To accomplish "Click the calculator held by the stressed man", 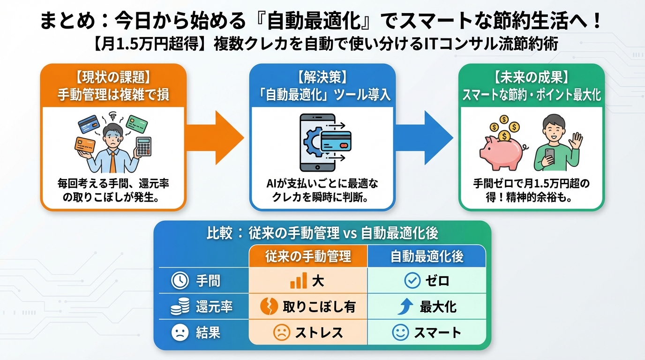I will click(143, 146).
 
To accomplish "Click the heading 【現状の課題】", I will click(113, 76).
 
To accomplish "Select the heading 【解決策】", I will click(322, 76).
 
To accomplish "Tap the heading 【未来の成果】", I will click(531, 76).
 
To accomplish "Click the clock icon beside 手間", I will click(179, 281).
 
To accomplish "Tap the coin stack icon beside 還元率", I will click(179, 307).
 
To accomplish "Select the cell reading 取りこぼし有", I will click(308, 307).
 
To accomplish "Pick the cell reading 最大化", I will click(427, 307).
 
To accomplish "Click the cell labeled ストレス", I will click(308, 333).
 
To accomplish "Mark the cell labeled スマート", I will click(427, 333).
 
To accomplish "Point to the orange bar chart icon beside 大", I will click(299, 281).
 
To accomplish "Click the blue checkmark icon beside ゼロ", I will click(412, 281).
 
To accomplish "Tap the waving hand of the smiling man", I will click(576, 140).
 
